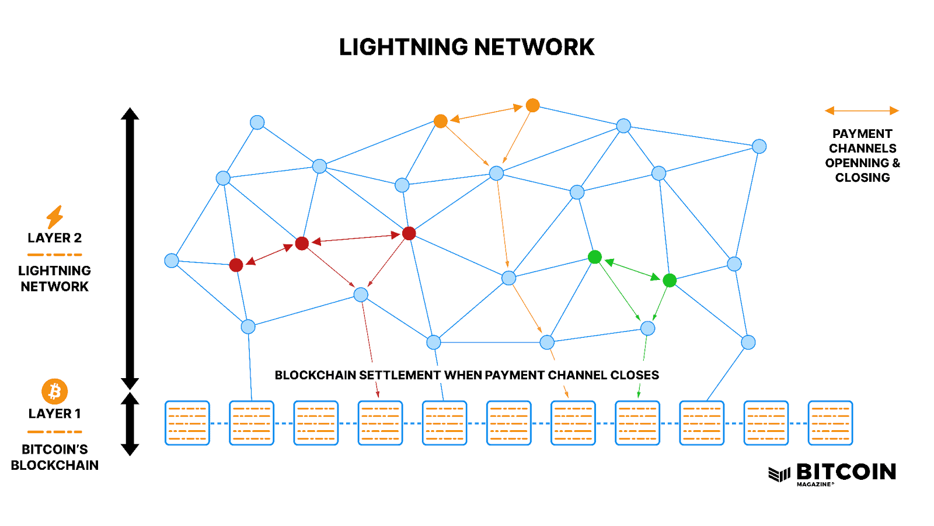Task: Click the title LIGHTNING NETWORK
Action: pos(466,47)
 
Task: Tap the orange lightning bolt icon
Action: pos(55,217)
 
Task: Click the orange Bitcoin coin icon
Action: pos(55,391)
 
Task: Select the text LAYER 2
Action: pos(55,238)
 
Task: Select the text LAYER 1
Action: pos(55,414)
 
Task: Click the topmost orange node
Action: pos(532,105)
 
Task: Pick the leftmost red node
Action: pos(236,265)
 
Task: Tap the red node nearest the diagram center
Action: pos(409,233)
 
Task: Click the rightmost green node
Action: pos(670,281)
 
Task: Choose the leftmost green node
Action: pos(595,257)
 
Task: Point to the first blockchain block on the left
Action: pos(187,423)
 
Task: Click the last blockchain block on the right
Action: pos(830,423)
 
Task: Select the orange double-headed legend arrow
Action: pos(862,110)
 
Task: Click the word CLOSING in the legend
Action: pos(862,178)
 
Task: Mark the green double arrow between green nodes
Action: pos(632,269)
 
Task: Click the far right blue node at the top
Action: pos(759,146)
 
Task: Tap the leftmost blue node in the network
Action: pos(172,261)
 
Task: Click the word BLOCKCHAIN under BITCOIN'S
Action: pos(55,465)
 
